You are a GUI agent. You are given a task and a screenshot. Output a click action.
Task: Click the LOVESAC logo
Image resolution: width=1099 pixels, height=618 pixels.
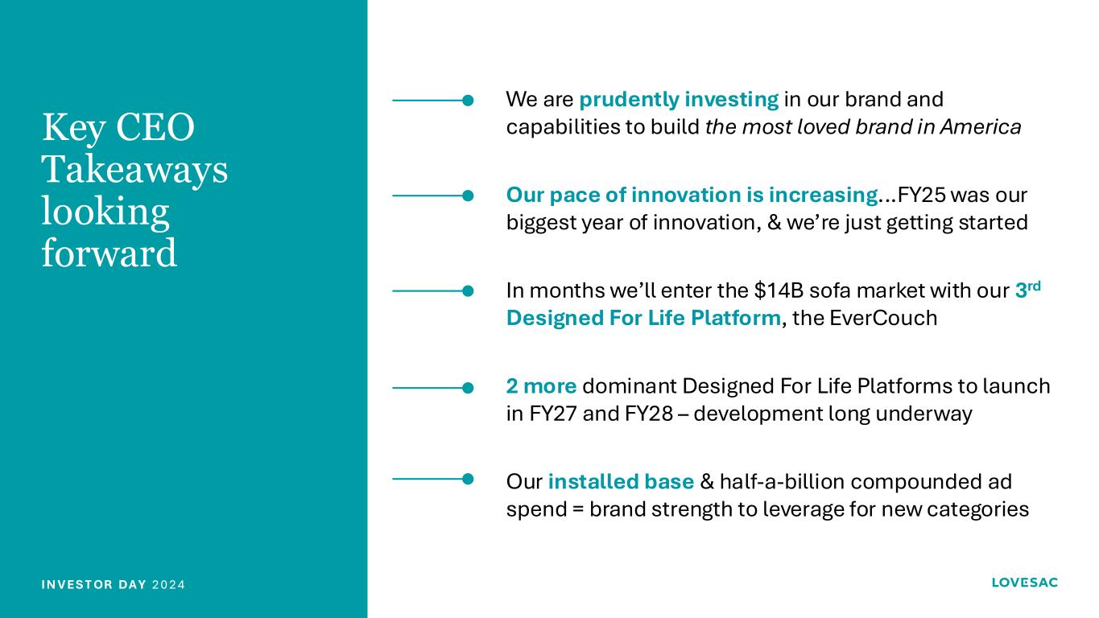[1024, 583]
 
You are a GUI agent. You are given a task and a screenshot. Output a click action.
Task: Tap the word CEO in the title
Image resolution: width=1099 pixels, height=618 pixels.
[155, 127]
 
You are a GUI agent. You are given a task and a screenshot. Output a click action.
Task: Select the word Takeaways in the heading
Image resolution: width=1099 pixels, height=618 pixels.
[134, 169]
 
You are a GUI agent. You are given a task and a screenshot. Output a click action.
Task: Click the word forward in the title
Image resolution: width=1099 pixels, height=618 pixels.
[109, 253]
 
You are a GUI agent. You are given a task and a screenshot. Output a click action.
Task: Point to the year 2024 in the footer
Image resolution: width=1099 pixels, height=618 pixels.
[168, 585]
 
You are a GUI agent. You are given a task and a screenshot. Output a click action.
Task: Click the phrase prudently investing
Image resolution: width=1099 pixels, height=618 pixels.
[679, 100]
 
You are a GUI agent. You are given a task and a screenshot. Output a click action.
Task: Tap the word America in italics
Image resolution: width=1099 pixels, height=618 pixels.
[981, 127]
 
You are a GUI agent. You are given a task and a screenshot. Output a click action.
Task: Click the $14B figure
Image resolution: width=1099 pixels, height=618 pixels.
[779, 290]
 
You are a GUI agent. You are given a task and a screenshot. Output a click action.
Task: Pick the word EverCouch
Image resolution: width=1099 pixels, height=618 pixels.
[883, 318]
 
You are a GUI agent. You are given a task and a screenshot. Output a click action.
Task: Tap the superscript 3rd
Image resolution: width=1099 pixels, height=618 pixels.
[1028, 290]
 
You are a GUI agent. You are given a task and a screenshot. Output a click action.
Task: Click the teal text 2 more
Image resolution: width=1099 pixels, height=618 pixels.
[541, 386]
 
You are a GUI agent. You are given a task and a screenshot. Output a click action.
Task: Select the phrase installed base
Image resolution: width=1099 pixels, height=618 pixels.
[621, 482]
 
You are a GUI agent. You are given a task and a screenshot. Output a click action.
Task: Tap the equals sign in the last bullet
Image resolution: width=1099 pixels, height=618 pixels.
[578, 509]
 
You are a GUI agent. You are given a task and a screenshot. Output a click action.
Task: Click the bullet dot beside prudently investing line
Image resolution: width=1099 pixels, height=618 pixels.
[468, 101]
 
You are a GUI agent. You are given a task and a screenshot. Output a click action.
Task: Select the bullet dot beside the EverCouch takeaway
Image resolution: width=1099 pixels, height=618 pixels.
[468, 291]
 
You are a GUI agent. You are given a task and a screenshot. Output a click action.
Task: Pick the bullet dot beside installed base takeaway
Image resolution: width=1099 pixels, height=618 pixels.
[468, 480]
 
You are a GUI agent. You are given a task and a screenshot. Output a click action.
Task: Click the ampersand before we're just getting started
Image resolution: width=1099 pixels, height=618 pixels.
[775, 223]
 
